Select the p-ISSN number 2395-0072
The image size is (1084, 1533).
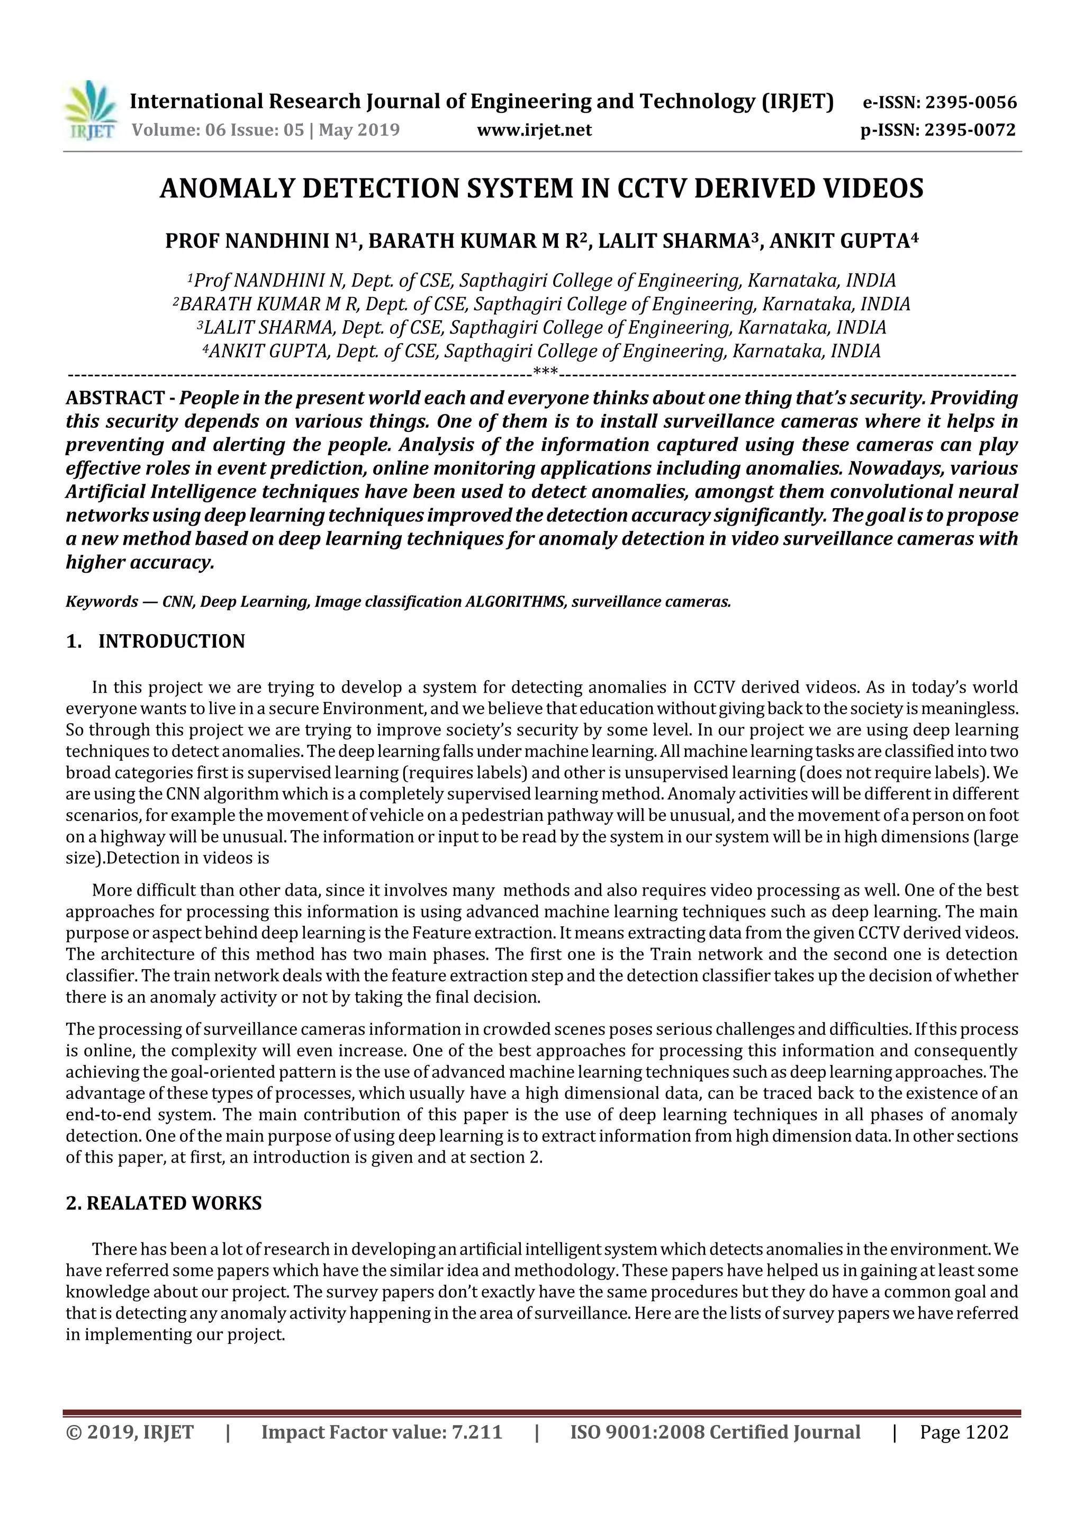pos(970,130)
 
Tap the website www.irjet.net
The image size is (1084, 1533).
pos(534,130)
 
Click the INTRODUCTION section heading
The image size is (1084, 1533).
pos(171,642)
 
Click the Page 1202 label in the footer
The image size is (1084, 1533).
pos(964,1432)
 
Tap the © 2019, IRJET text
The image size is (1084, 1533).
pos(130,1432)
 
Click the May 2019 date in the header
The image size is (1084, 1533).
pos(359,130)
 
